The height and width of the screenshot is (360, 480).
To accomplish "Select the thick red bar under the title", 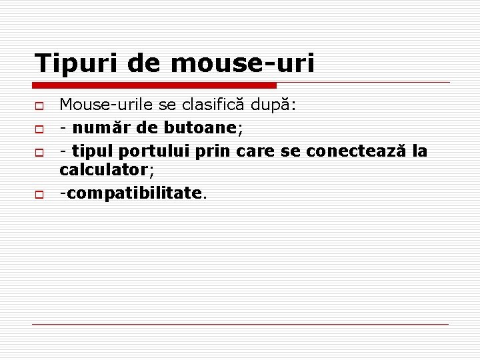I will pos(155,85).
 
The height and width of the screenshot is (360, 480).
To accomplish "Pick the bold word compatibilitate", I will pos(133,193).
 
